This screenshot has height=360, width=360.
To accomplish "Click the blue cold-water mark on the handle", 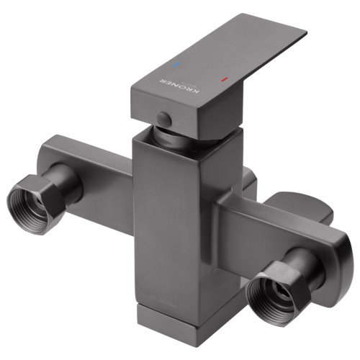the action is pyautogui.click(x=178, y=65).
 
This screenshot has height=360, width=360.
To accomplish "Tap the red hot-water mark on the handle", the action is pyautogui.click(x=224, y=79).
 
